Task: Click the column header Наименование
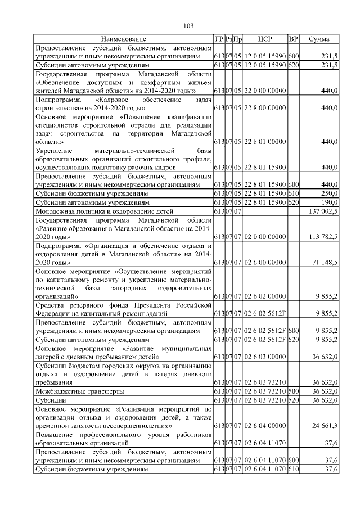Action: pos(123,39)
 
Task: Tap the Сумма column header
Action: pos(319,39)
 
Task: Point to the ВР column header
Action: pos(293,39)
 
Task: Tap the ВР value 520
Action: pos(293,400)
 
